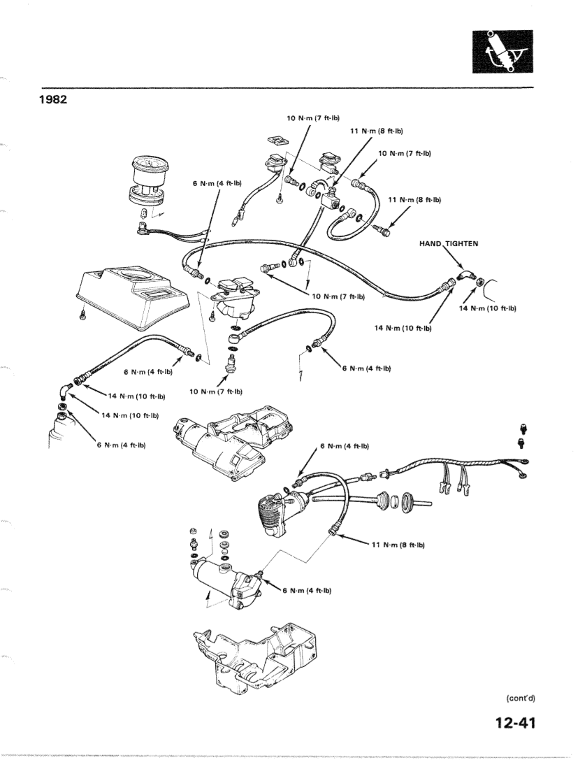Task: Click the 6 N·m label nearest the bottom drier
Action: point(306,591)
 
